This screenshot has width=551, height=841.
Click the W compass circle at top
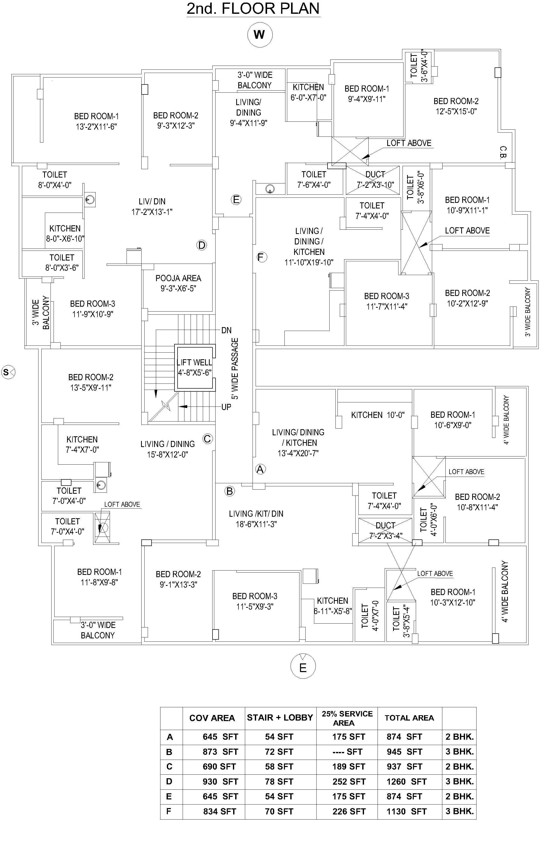(260, 35)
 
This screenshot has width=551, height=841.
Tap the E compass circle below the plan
(303, 666)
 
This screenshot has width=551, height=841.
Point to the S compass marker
(8, 372)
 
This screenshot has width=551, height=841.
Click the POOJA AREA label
(178, 278)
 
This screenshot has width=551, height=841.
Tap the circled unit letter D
(201, 245)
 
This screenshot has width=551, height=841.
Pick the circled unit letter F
(261, 257)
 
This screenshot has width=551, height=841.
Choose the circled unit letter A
(260, 469)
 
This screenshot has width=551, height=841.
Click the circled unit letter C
(207, 439)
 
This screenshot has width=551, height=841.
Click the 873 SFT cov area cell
(220, 752)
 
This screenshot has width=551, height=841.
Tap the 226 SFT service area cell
(349, 811)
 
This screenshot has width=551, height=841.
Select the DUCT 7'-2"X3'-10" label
(375, 180)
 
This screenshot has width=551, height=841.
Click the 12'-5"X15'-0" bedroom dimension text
(456, 111)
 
